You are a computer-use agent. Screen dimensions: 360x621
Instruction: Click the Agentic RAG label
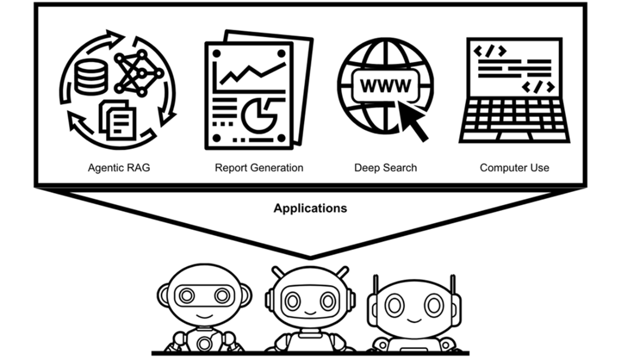[119, 168]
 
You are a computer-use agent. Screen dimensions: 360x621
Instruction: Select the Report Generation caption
[259, 168]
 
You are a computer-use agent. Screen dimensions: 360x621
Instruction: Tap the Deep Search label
[386, 168]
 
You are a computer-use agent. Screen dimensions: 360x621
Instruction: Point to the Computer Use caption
[514, 168]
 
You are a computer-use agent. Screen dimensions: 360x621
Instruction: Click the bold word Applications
[310, 208]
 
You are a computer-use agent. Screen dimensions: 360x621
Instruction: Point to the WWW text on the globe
[386, 86]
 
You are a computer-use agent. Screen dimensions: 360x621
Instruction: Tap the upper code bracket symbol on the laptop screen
[489, 51]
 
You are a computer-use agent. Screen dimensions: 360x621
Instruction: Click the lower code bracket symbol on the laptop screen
[537, 87]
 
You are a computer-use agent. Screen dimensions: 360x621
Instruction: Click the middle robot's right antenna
[343, 272]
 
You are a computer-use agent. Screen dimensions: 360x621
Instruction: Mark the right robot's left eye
[393, 305]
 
